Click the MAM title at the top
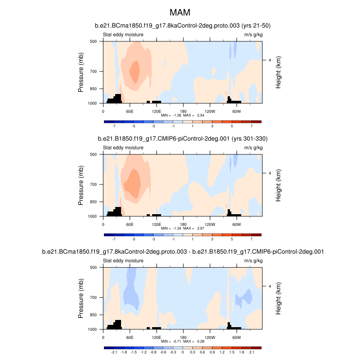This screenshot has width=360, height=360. (183, 12)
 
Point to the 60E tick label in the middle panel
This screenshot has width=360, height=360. (130, 224)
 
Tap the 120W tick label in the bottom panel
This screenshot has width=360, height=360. (210, 337)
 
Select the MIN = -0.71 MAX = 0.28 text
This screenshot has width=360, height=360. (183, 342)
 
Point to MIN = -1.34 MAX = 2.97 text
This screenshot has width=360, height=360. (183, 229)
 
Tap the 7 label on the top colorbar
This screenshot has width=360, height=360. (252, 127)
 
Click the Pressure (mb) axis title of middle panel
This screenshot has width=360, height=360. (81, 185)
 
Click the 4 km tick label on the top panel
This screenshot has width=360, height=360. (269, 60)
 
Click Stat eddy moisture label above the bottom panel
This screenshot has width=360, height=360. (123, 260)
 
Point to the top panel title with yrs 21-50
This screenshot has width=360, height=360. (183, 26)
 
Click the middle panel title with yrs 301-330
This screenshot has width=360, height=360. (183, 139)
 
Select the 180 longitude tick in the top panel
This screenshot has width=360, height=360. (183, 111)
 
